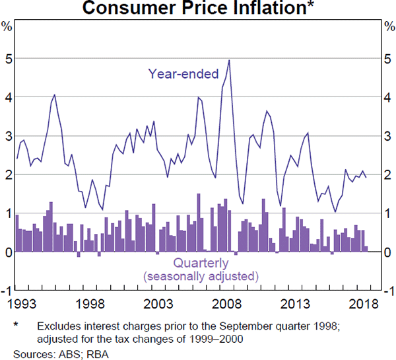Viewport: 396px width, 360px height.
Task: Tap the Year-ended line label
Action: [x=183, y=74]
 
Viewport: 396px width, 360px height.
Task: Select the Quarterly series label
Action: [x=200, y=264]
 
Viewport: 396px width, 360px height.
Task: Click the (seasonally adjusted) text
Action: [x=201, y=276]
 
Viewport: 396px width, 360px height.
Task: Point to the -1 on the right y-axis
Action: [x=388, y=291]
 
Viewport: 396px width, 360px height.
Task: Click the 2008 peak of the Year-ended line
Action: [x=229, y=60]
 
